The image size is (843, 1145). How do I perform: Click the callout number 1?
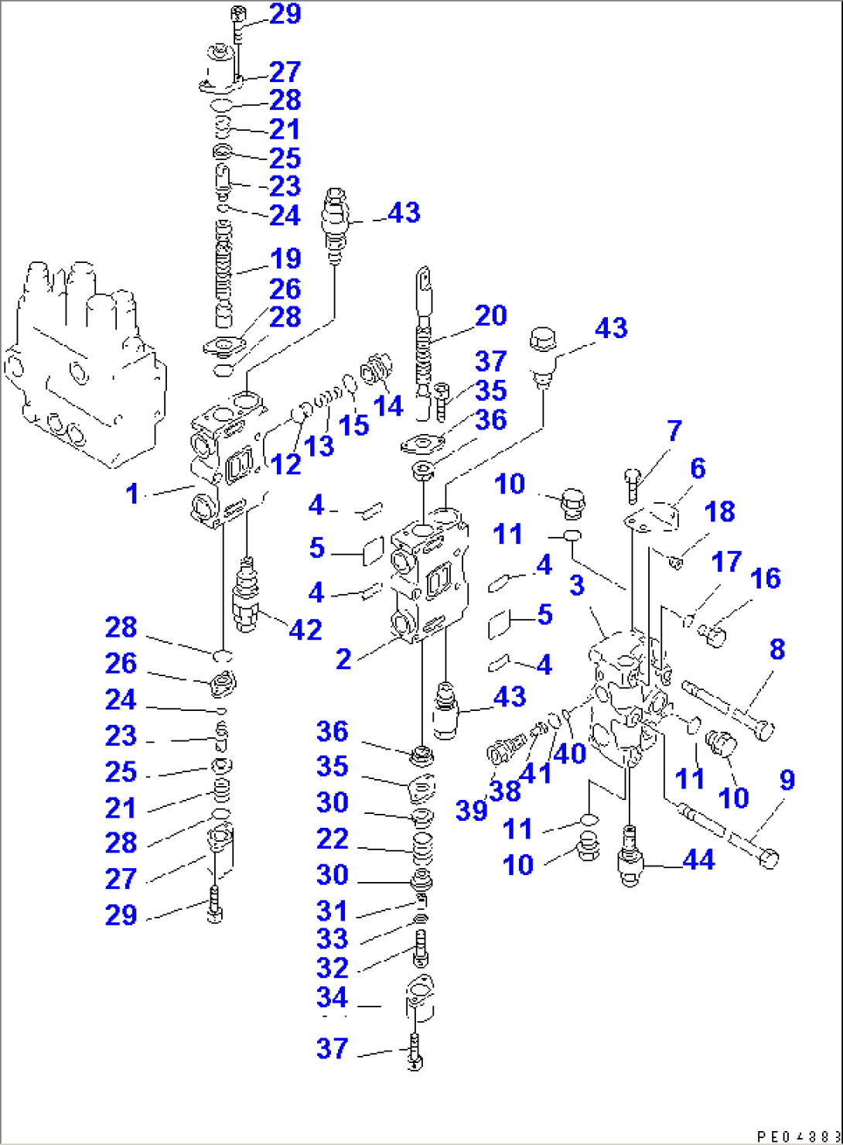[132, 493]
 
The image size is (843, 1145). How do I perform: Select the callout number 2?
[343, 658]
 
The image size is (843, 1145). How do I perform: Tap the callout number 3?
[577, 585]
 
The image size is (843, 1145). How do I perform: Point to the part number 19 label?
[285, 258]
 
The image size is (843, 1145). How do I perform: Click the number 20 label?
[490, 316]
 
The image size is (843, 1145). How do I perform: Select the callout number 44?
[698, 860]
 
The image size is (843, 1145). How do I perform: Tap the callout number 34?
[332, 998]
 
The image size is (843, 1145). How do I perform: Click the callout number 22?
[332, 839]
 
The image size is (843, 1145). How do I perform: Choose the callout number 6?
[698, 468]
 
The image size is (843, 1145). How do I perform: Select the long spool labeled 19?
[224, 275]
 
